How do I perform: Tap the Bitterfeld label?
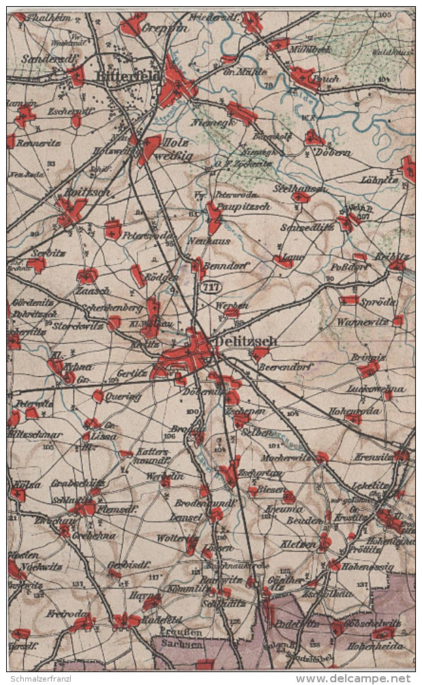coord(127,77)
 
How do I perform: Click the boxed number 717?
coord(208,287)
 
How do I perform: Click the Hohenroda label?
coord(355,411)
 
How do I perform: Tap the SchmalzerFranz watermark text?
coord(46,678)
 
